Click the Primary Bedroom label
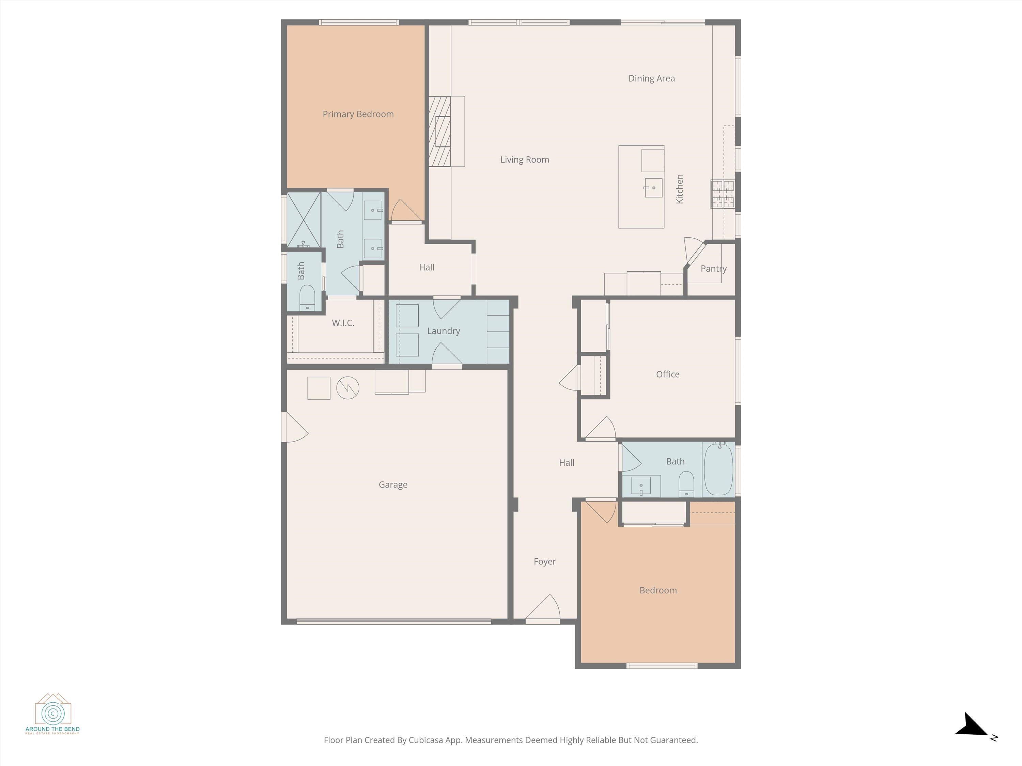358,114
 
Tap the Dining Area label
651,79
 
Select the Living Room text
524,160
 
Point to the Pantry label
713,269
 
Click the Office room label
668,374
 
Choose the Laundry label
444,331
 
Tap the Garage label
393,485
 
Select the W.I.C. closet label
343,323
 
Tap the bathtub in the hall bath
718,469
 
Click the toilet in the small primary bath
307,298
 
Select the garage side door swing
295,427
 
